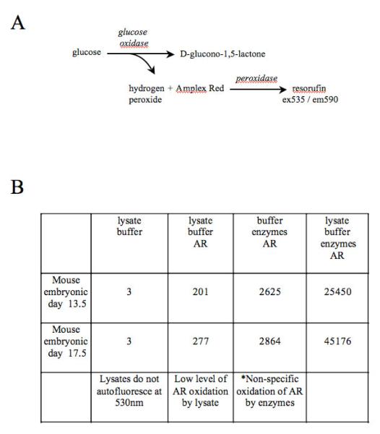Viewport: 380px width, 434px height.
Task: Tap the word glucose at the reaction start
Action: pyautogui.click(x=86, y=53)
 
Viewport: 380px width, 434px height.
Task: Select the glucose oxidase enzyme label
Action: pyautogui.click(x=133, y=38)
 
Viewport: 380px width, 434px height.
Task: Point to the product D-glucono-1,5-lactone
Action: pyautogui.click(x=215, y=54)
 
